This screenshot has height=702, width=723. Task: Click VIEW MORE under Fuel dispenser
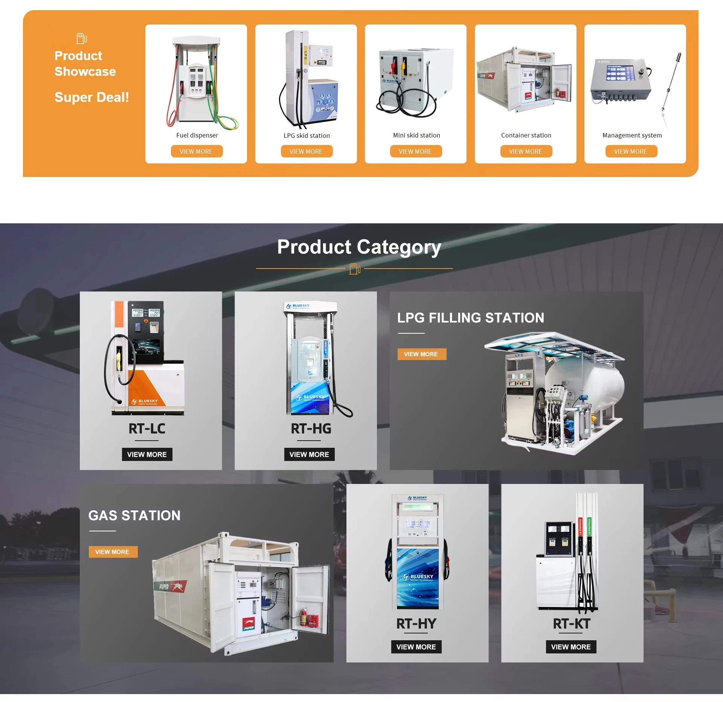pos(197,151)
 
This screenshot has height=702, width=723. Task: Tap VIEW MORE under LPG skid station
pos(306,151)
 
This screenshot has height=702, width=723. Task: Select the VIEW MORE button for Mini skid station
pos(415,151)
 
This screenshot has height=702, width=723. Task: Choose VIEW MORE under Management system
pos(631,151)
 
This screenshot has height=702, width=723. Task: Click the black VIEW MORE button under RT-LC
pos(147,455)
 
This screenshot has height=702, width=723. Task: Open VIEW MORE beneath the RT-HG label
pos(309,455)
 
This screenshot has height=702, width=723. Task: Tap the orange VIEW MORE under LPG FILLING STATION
pos(421,354)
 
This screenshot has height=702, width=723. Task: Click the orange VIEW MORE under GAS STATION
pos(113,552)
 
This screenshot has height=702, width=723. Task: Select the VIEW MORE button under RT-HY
pos(416,647)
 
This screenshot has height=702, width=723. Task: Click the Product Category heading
pos(359,247)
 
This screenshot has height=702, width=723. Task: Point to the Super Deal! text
pos(92,97)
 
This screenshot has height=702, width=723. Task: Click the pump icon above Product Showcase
pos(82,38)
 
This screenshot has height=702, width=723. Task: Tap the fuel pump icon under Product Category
pos(355,269)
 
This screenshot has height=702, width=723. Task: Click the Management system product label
pos(632,135)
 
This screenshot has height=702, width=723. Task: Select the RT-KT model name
pos(571,624)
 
